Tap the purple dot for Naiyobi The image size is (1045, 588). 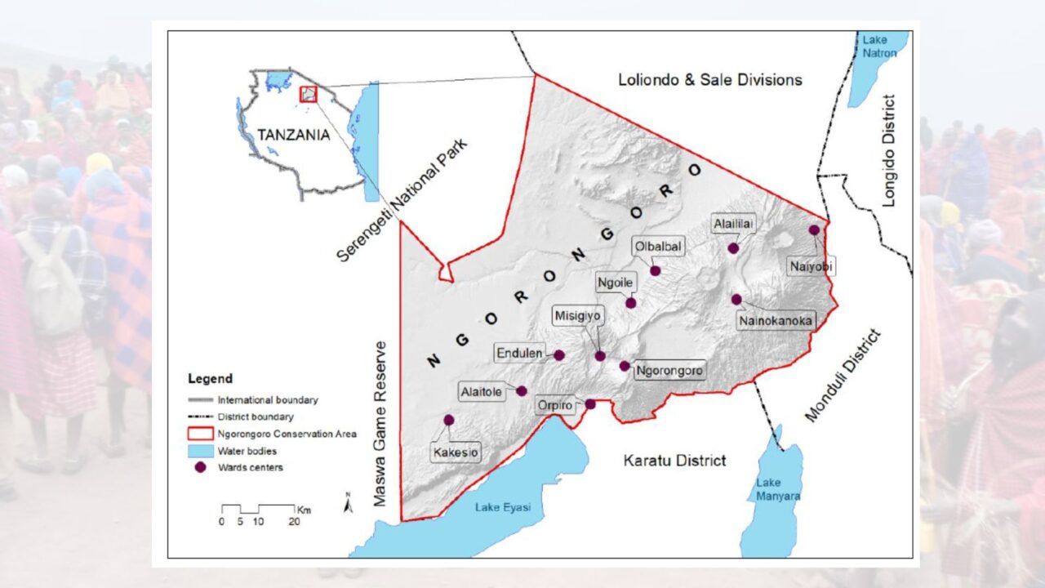click(x=814, y=230)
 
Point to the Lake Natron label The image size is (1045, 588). click(x=880, y=47)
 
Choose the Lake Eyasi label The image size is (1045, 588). click(x=502, y=507)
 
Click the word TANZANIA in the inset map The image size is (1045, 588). click(x=294, y=135)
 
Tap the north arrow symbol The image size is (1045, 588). click(x=348, y=505)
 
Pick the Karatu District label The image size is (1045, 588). click(x=674, y=461)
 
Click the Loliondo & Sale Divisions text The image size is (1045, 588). click(x=709, y=79)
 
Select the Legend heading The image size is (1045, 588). click(x=210, y=379)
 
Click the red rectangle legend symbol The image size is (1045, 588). click(x=199, y=434)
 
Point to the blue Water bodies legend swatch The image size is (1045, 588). click(x=199, y=451)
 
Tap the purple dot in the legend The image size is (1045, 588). click(x=199, y=467)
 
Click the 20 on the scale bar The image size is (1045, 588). click(x=293, y=521)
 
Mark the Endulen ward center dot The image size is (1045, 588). click(x=559, y=355)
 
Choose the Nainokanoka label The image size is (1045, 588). click(x=776, y=321)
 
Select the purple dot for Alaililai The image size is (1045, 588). click(x=733, y=248)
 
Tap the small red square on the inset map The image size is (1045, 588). click(x=308, y=94)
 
